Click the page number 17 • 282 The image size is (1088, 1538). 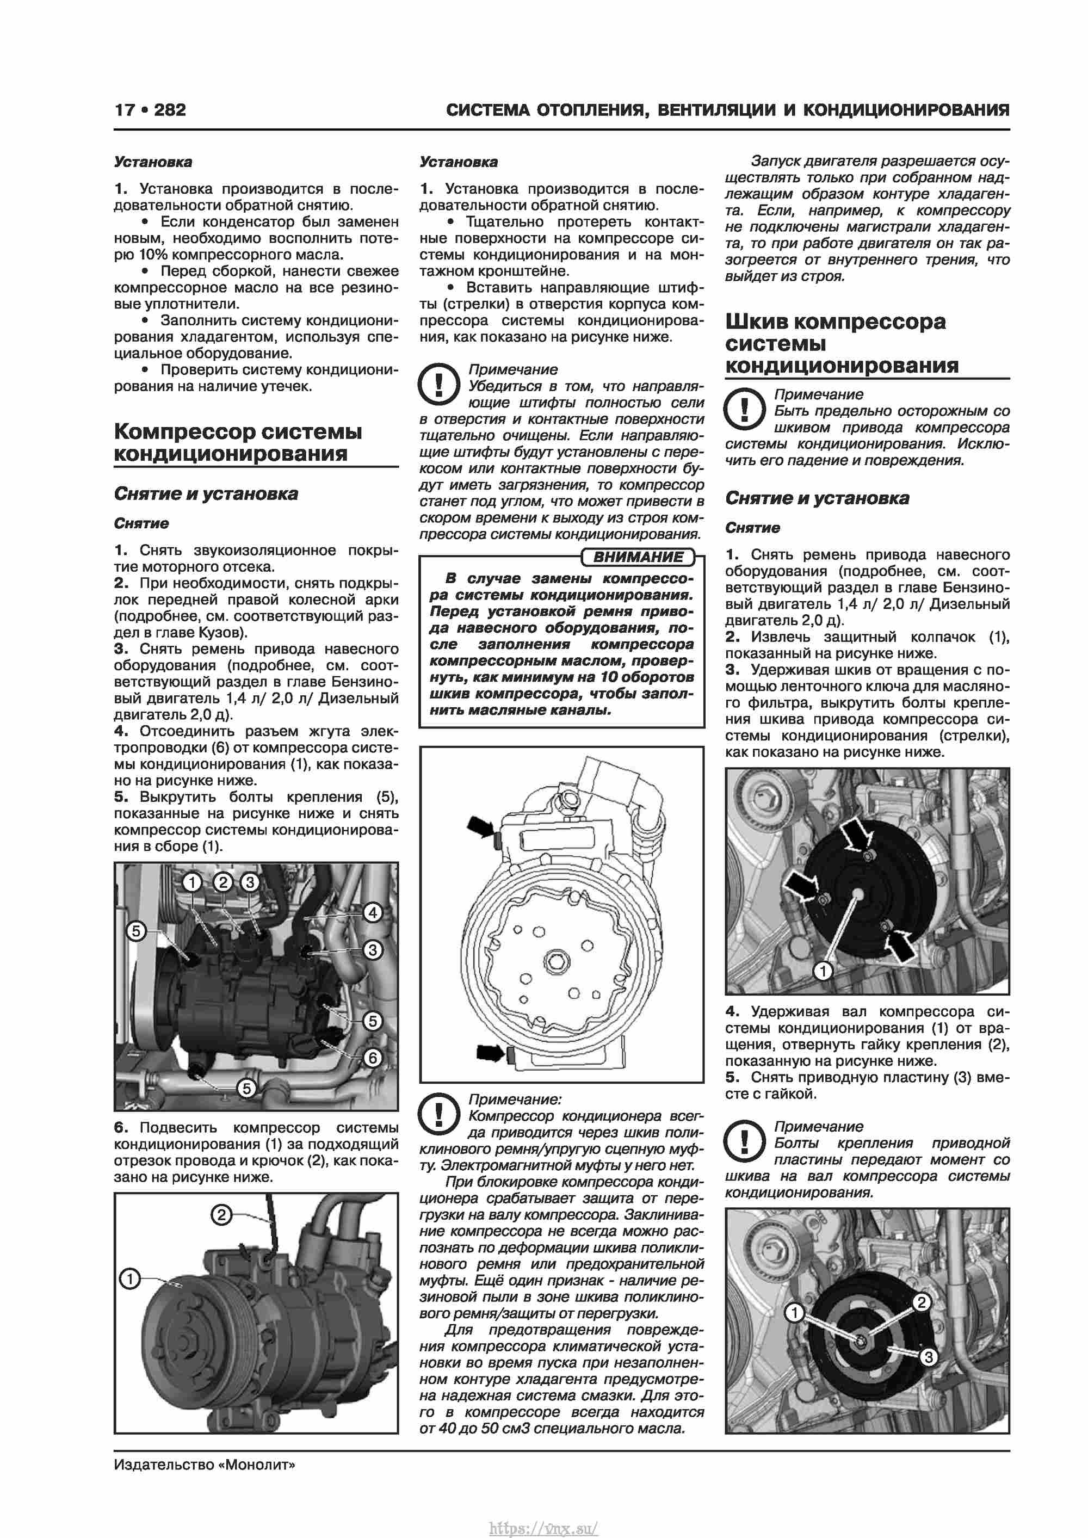(x=150, y=110)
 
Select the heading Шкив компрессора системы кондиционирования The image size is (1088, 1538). (x=842, y=344)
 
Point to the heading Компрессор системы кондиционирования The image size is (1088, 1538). (x=238, y=443)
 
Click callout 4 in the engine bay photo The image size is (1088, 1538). (x=373, y=912)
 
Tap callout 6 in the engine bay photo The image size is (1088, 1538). (x=373, y=1058)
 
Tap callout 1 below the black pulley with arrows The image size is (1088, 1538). (x=823, y=971)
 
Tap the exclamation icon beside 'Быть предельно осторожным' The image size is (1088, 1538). (x=744, y=409)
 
